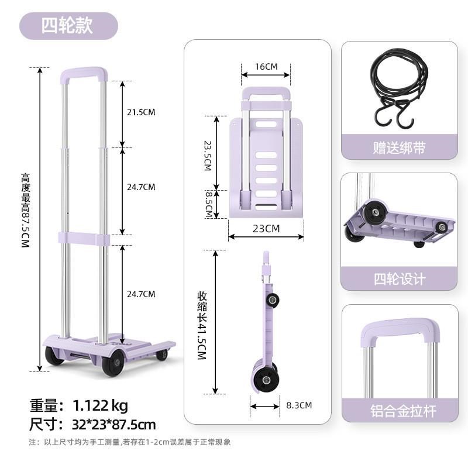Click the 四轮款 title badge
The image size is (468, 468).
coord(68,26)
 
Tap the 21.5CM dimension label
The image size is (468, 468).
coord(141,112)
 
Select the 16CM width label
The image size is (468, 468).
coord(266,66)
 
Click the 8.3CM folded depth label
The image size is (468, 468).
coord(299,405)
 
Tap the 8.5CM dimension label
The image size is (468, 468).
coord(208,204)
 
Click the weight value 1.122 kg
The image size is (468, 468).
coord(100,405)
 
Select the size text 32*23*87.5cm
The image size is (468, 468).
coord(114,424)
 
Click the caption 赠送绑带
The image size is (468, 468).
coord(399,147)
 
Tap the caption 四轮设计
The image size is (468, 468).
coord(399,279)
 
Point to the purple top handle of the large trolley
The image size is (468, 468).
coord(84,73)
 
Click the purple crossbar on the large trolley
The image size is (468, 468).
coord(83,239)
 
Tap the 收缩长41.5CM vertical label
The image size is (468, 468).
coord(202,325)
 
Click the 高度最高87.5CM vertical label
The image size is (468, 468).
coord(25,211)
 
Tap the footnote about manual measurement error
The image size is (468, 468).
coord(130,442)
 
